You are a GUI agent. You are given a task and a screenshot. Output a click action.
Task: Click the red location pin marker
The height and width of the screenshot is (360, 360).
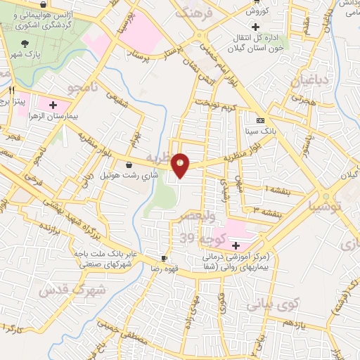coord(181,165)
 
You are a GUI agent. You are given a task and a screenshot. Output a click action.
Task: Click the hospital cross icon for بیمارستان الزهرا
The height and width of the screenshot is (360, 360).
coord(52,105)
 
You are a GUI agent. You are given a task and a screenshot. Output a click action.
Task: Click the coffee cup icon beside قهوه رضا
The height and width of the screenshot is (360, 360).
coord(165,259)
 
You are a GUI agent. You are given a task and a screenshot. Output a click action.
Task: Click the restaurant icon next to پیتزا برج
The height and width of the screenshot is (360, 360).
coord(12,91)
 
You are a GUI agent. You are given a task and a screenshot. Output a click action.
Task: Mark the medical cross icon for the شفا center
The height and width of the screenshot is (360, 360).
coord(236,246)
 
